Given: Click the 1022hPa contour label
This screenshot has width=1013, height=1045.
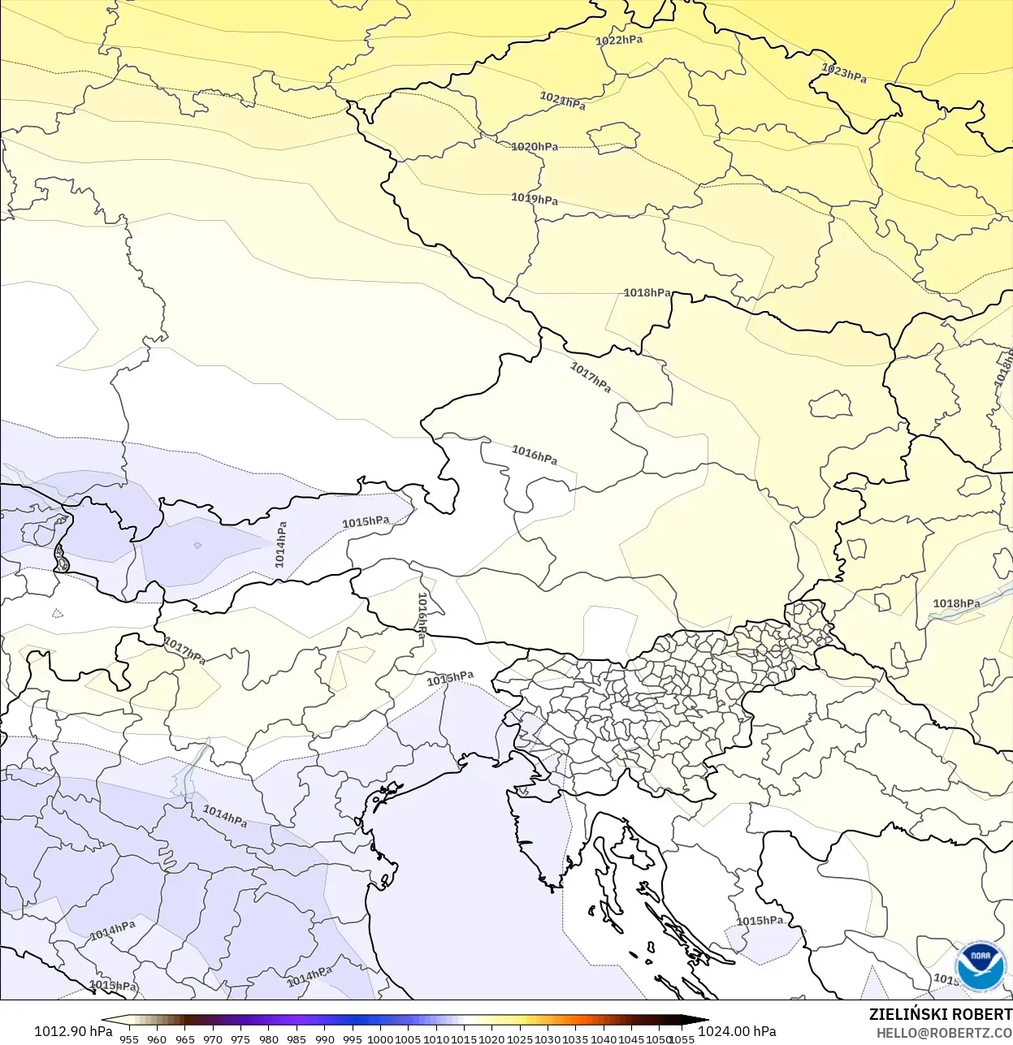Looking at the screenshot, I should (619, 40).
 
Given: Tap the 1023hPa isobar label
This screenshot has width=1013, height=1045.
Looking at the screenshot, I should (844, 73).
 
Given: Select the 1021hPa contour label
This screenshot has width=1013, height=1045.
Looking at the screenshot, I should (562, 101).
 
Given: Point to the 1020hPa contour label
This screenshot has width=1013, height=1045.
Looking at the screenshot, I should (535, 147).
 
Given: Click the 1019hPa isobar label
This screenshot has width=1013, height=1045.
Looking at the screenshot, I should (535, 198).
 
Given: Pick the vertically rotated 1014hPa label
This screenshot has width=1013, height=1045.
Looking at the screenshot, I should (281, 544).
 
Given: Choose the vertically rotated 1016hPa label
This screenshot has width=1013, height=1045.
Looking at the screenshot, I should (422, 616).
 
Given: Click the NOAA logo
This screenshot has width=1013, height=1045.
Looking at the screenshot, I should (980, 965).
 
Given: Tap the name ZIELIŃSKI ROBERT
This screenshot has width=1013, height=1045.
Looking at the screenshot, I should (940, 1014).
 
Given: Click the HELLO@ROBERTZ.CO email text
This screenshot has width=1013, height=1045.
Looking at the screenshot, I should (944, 1034).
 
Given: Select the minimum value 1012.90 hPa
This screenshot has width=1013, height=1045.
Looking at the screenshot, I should (73, 1031).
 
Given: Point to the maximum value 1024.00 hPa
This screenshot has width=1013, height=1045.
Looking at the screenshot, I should (737, 1031).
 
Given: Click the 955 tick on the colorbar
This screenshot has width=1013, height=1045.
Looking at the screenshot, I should (129, 1039).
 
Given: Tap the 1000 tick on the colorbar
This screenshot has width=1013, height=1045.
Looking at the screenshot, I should (380, 1039).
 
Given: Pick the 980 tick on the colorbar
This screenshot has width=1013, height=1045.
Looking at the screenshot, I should (269, 1039).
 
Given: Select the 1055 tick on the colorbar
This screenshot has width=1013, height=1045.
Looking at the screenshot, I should (682, 1039).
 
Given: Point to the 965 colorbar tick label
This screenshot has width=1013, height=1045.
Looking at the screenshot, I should (185, 1039).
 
